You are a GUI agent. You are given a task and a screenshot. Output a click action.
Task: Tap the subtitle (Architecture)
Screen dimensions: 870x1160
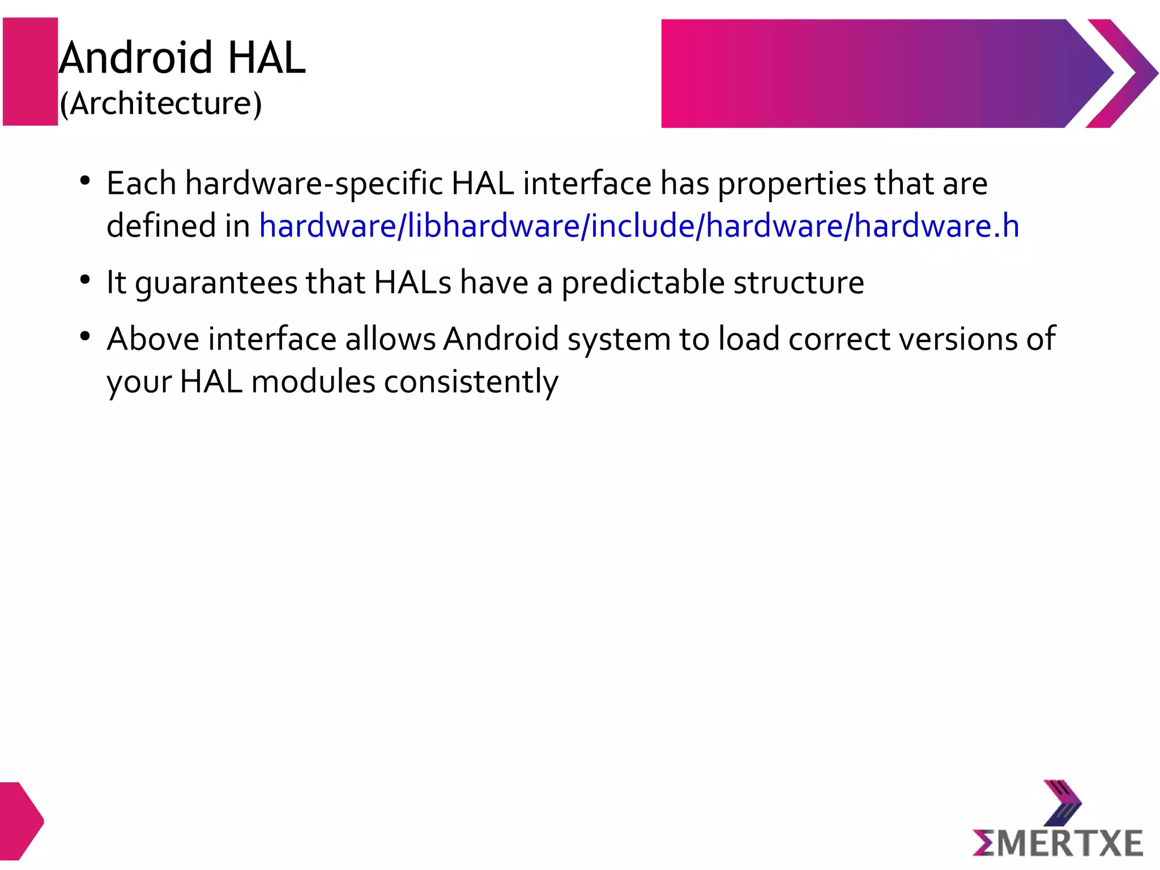coord(161,104)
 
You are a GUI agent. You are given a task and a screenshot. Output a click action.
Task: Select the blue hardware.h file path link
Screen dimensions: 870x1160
coord(639,225)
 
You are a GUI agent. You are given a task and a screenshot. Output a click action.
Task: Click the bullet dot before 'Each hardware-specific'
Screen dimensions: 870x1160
coord(86,181)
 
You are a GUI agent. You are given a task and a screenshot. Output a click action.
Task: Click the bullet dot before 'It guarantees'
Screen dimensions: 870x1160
coord(86,280)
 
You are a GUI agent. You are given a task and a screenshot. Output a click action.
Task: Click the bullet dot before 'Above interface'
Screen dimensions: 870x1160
coord(86,336)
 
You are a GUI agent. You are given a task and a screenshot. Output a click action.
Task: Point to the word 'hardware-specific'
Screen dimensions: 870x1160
coord(314,184)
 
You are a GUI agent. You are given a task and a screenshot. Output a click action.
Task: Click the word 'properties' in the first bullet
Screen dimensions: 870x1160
coord(791,184)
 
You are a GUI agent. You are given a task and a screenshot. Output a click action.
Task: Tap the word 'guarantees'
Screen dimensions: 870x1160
coord(215,283)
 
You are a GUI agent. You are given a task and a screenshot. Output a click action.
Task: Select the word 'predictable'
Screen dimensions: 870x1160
coord(643,283)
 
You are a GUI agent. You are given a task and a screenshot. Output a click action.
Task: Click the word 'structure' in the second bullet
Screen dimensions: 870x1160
coord(799,283)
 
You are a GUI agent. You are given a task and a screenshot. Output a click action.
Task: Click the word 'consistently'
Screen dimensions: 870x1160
coord(471,382)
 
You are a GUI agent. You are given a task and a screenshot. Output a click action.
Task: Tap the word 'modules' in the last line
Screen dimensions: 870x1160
coord(313,382)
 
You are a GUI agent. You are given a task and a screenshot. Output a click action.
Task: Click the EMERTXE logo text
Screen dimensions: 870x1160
coord(1057,843)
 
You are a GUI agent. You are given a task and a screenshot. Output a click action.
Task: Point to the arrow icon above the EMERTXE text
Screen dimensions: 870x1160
coord(1063,803)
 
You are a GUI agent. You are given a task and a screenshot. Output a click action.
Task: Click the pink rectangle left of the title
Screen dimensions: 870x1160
coord(31,71)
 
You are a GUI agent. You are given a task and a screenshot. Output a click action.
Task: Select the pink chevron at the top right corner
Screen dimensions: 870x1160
coord(1122,73)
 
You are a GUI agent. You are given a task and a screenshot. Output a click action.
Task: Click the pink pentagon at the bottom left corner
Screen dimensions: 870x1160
coord(19,821)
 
